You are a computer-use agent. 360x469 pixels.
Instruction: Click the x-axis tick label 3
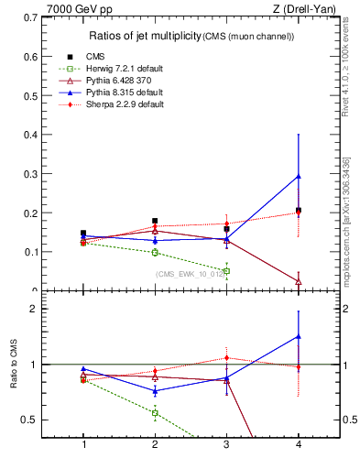point(226,444)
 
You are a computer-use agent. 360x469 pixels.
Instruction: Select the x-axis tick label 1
point(84,444)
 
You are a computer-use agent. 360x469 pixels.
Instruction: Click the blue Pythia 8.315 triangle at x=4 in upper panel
point(299,176)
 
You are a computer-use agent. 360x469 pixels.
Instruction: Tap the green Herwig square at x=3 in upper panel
point(226,271)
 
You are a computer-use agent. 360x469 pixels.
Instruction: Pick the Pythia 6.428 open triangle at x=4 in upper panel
point(299,281)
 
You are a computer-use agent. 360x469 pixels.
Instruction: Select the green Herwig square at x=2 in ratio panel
point(155,413)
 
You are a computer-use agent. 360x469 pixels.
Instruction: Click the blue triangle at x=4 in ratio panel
point(299,336)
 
